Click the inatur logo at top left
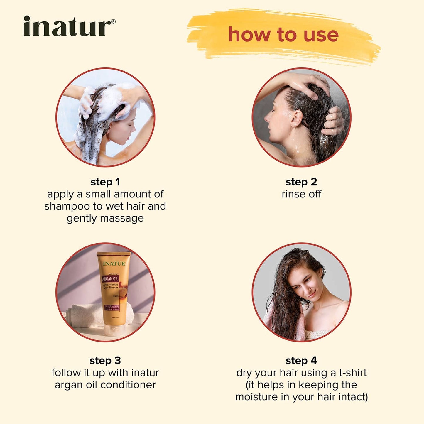click(67, 27)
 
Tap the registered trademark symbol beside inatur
click(114, 21)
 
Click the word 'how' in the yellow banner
click(249, 35)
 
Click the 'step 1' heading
click(105, 182)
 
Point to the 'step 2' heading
click(301, 182)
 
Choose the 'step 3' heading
click(105, 360)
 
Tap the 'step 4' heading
click(301, 360)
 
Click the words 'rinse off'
click(301, 194)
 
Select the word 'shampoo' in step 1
click(67, 206)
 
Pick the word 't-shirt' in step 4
click(353, 373)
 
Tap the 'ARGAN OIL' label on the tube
click(110, 279)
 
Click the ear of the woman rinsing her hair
click(296, 119)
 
